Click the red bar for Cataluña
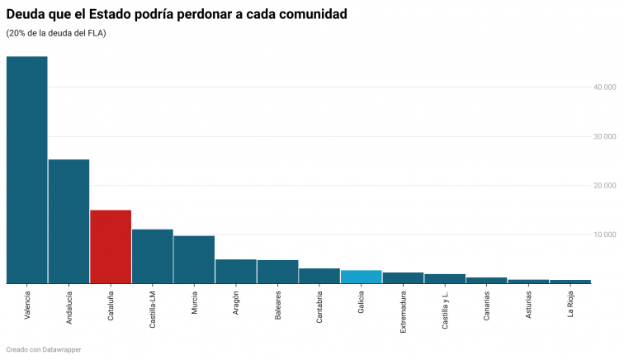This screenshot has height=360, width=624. (x=111, y=247)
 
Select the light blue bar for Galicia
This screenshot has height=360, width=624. (x=361, y=277)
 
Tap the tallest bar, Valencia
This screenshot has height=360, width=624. (x=26, y=169)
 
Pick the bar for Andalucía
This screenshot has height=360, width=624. (x=69, y=221)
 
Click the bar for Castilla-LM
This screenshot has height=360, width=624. (x=152, y=256)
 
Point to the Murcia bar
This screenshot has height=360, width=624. (x=194, y=259)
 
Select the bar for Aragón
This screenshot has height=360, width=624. (x=236, y=272)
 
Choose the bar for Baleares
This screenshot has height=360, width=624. (x=277, y=272)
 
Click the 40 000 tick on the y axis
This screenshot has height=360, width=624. (x=604, y=87)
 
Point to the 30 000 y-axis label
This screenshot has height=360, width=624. (x=604, y=136)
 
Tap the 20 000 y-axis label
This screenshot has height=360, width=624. (x=604, y=185)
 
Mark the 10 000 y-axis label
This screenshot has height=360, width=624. (x=604, y=234)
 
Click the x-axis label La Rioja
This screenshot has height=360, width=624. (x=570, y=305)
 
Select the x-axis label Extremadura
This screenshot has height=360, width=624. (x=403, y=310)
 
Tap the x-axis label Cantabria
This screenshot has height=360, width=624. (x=319, y=307)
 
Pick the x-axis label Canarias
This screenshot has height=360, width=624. (x=486, y=306)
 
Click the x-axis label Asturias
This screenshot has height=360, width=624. (x=528, y=306)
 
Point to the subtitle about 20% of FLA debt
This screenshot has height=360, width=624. (x=56, y=33)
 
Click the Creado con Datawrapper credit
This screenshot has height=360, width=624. (x=44, y=350)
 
